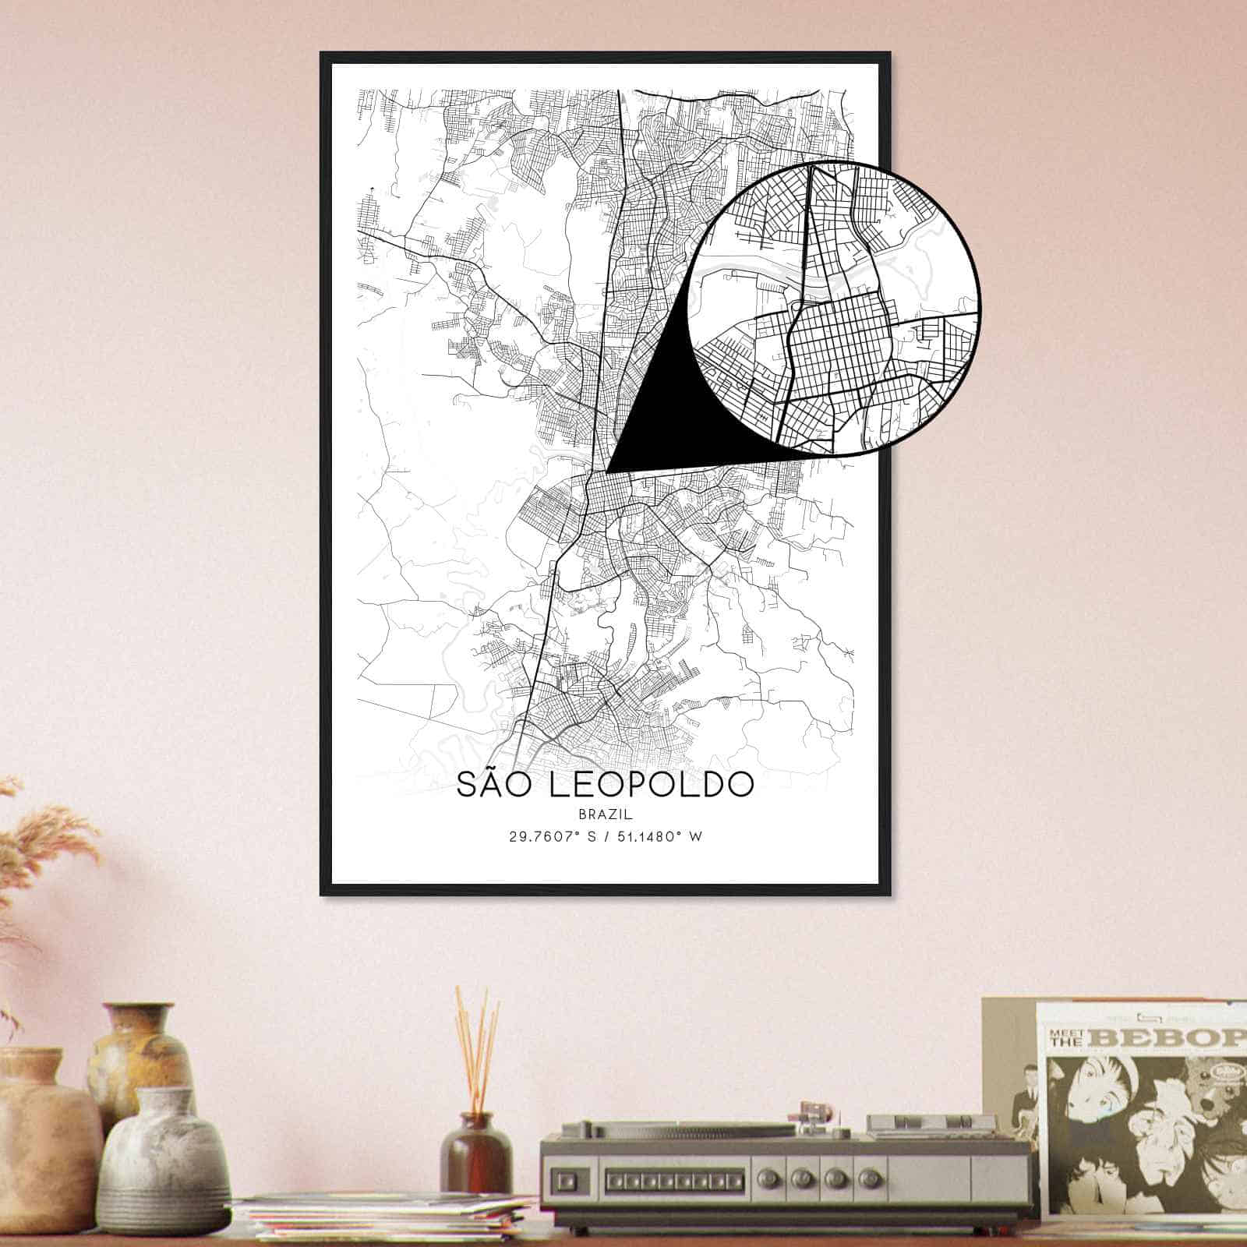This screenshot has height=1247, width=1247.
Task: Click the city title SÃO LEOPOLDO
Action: pos(605,785)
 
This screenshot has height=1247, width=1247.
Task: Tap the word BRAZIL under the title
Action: pos(605,814)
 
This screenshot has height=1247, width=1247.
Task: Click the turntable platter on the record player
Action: pos(670,1128)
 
